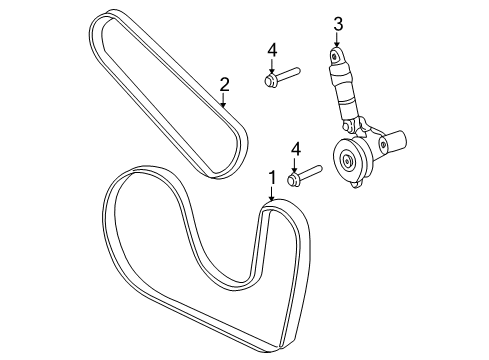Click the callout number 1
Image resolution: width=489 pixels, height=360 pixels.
(271, 179)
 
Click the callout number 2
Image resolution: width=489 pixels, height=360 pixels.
(225, 85)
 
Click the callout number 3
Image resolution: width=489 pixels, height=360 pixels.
(337, 23)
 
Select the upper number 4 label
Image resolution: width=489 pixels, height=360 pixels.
(271, 49)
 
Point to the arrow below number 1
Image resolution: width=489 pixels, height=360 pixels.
(270, 196)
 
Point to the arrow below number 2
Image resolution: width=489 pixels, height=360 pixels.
(225, 100)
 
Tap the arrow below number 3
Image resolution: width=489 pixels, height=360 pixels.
(337, 40)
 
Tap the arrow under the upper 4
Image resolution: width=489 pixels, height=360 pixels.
(271, 65)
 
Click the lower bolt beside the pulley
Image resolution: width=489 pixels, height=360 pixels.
(304, 175)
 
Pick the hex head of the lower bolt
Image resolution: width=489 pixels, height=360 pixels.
(294, 179)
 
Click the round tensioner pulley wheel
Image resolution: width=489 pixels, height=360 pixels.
(351, 160)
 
